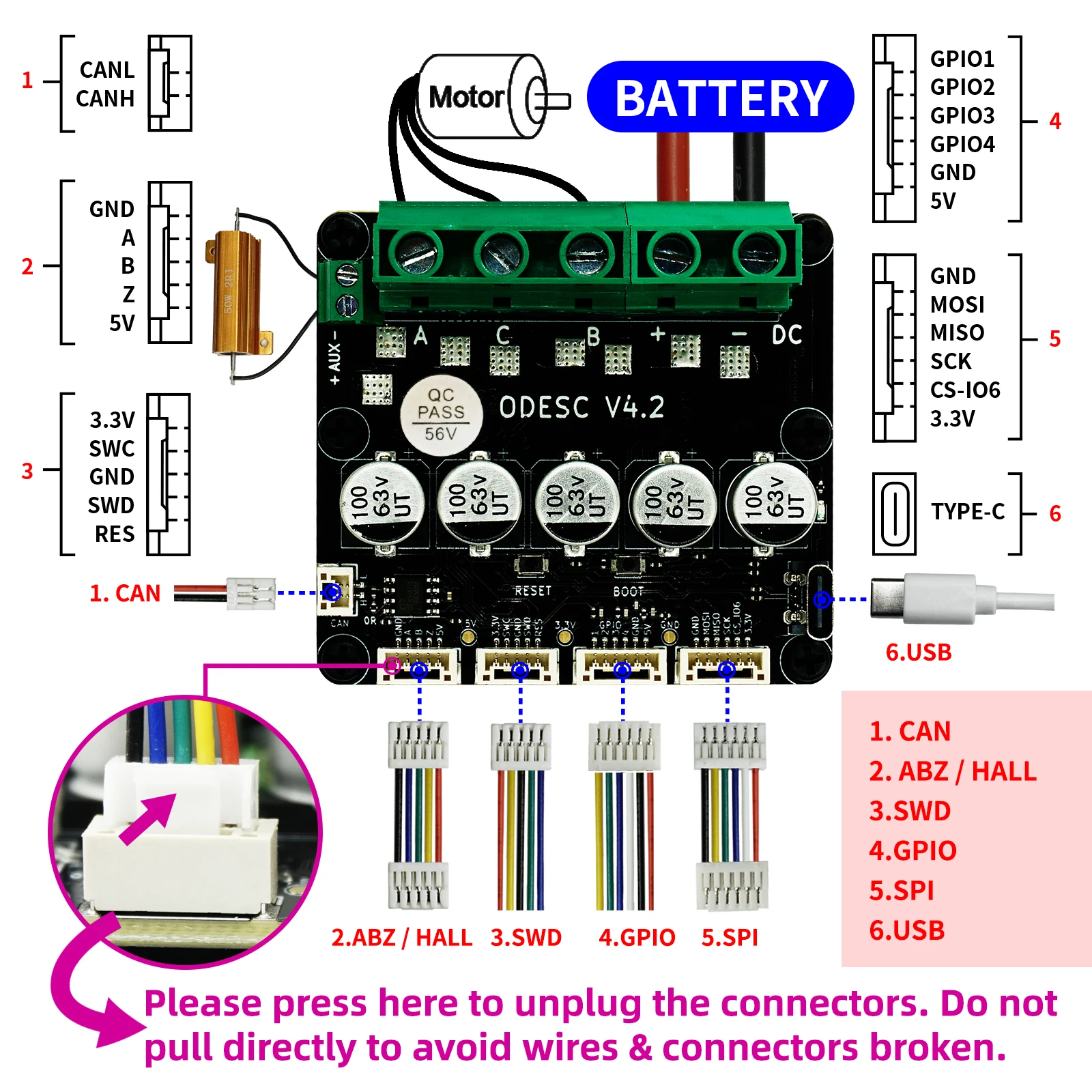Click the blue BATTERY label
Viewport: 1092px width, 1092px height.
point(720,97)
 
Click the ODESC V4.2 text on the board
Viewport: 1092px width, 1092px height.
point(581,407)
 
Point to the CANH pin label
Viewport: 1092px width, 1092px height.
point(105,99)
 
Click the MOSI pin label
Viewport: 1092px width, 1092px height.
point(957,304)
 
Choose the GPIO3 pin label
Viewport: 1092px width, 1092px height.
point(962,115)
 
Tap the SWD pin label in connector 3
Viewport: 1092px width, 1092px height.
point(111,505)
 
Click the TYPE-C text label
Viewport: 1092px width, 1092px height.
point(968,511)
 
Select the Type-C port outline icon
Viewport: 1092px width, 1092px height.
point(894,514)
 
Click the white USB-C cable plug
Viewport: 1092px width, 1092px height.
point(921,599)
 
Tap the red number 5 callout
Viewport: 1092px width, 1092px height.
point(1054,339)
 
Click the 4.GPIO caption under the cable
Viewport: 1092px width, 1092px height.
point(636,937)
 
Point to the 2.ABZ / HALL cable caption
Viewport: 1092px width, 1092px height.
point(401,937)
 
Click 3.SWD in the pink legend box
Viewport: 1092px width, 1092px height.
point(909,811)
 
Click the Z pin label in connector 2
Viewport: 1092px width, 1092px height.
point(128,294)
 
